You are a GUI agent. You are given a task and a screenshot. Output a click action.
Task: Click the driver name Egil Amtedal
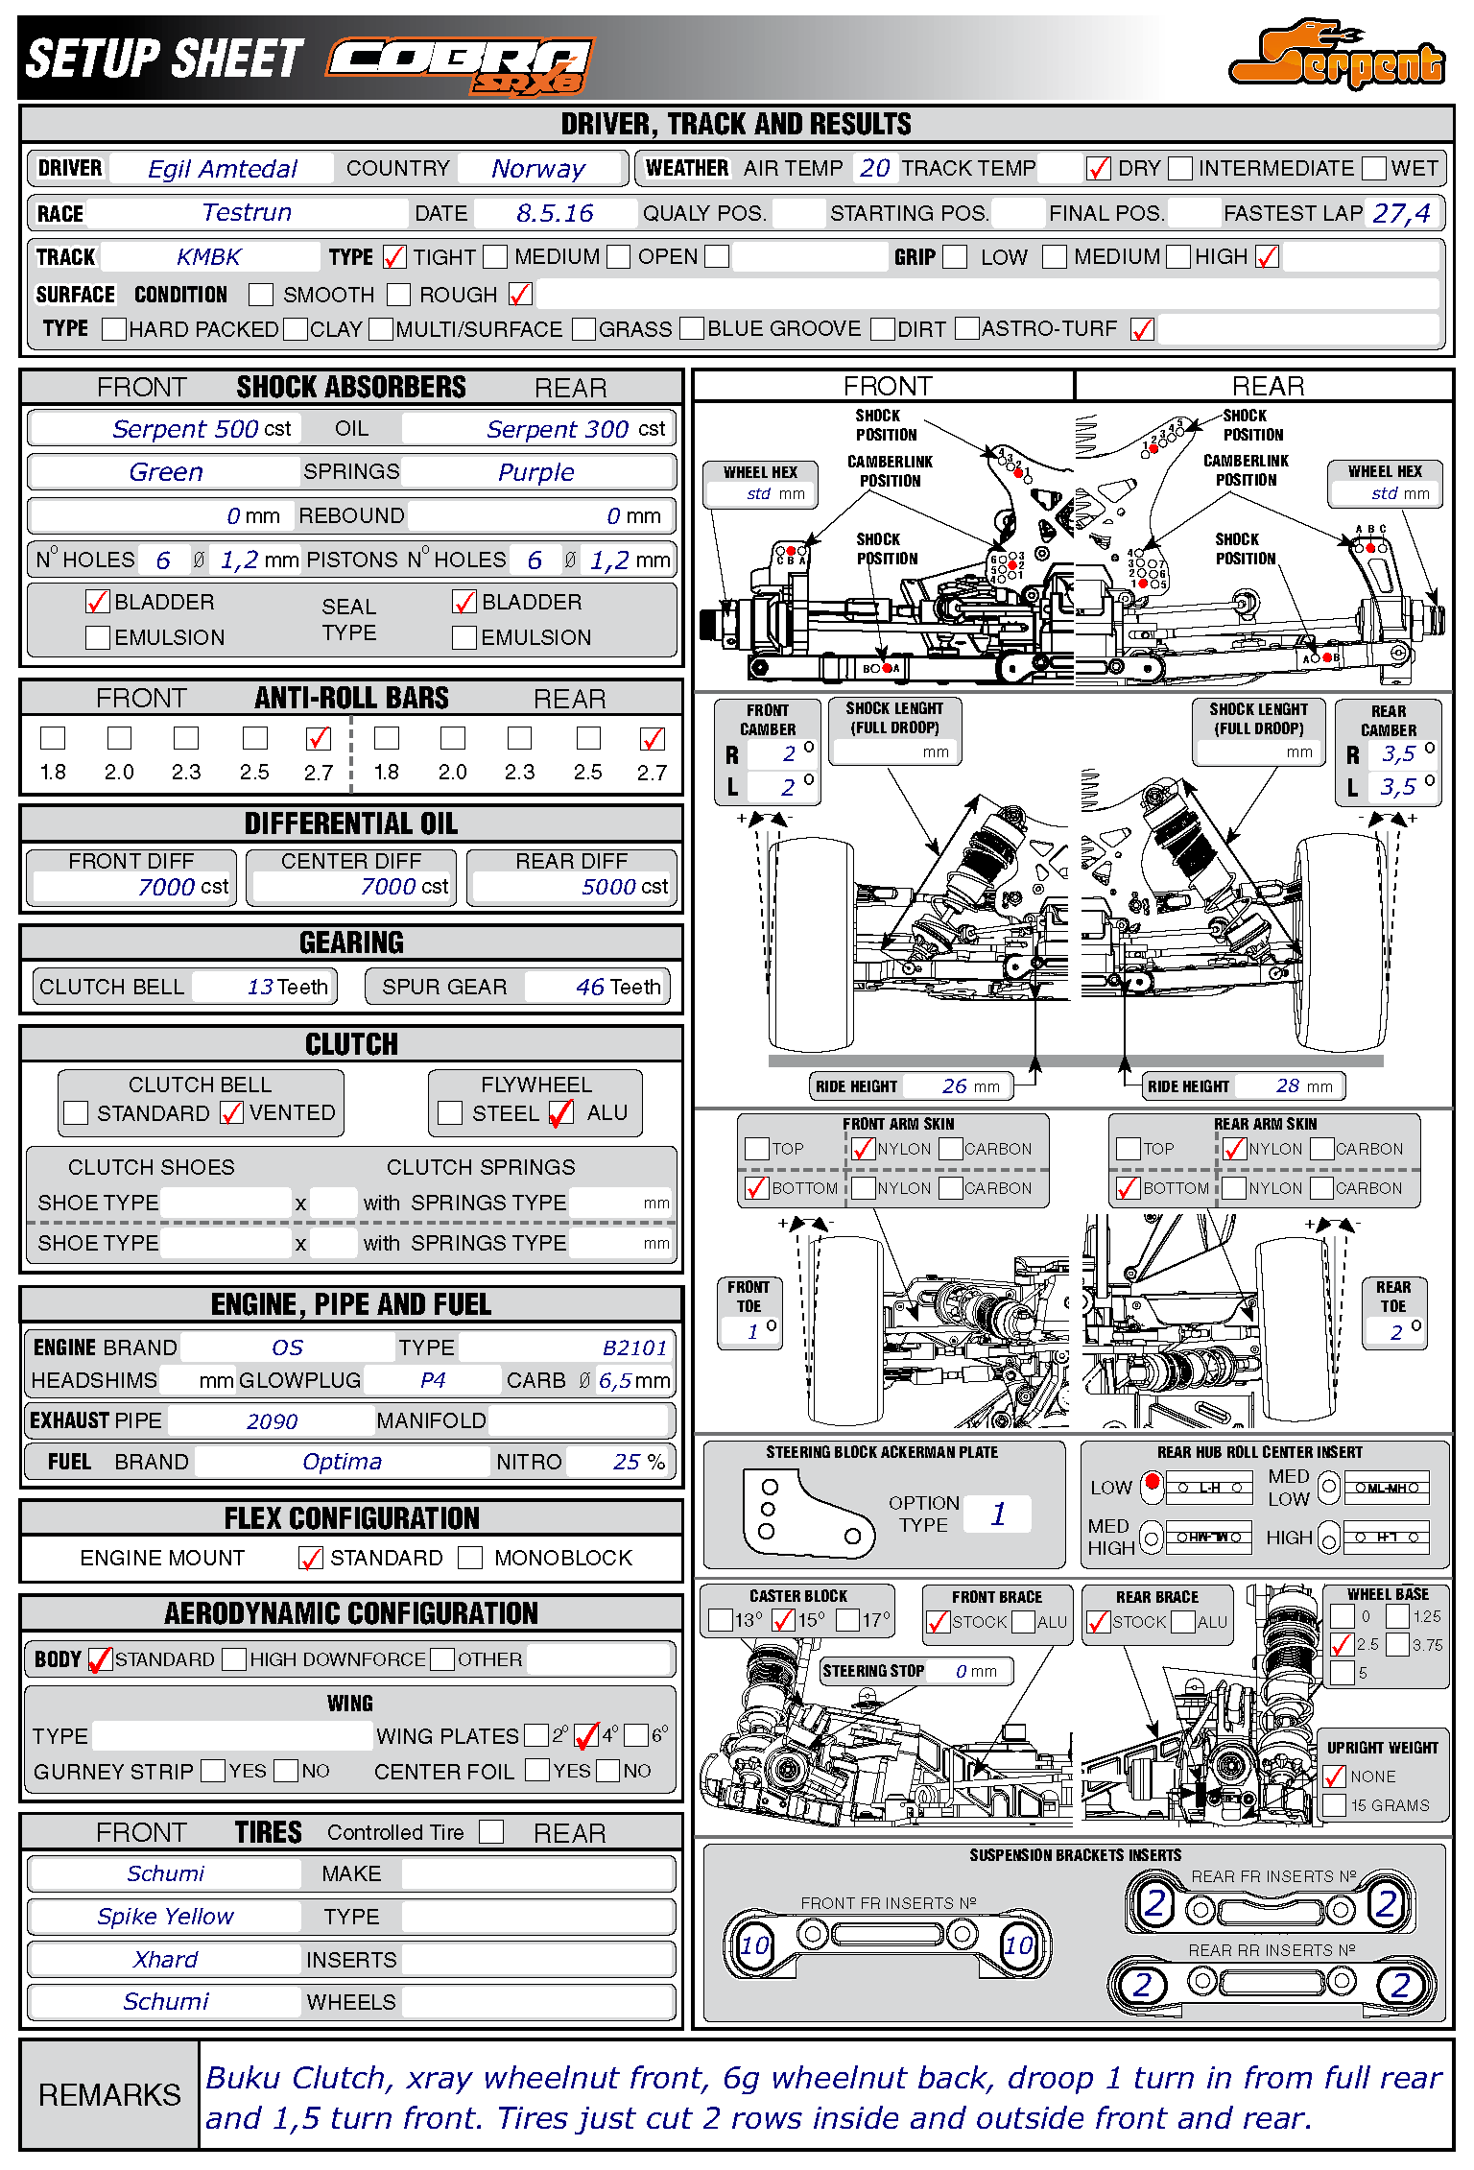pos(223,169)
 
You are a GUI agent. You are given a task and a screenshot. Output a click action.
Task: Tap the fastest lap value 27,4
pos(1401,213)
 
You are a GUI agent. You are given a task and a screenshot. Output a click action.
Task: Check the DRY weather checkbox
pos(1099,169)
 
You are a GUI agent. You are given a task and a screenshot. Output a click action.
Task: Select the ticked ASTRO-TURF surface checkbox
pos(1142,329)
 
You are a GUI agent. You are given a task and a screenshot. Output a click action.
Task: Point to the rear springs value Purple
pos(535,472)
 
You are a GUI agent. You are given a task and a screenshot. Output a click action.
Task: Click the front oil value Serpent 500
pos(185,429)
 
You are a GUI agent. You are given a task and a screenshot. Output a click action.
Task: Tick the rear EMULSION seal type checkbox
pos(464,637)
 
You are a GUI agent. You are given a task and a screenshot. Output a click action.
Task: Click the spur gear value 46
pos(589,987)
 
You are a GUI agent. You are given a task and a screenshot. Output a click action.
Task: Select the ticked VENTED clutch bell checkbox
pos(231,1112)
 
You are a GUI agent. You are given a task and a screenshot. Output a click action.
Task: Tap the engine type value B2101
pos(634,1347)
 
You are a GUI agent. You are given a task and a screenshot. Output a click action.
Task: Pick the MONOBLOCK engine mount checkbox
pos(470,1558)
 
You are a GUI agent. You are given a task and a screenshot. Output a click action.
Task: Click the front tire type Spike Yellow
pos(165,1917)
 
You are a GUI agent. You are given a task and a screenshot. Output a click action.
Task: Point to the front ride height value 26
pos(954,1085)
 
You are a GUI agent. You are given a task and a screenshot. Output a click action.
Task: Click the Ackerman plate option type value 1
pos(998,1514)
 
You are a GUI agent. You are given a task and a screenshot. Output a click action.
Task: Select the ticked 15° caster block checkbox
pos(783,1621)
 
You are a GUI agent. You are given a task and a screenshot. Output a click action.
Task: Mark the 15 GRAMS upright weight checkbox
pos(1334,1805)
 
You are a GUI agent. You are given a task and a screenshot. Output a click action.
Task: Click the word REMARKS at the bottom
pos(109,2094)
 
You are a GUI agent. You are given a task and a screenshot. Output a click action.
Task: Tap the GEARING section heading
pos(351,942)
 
